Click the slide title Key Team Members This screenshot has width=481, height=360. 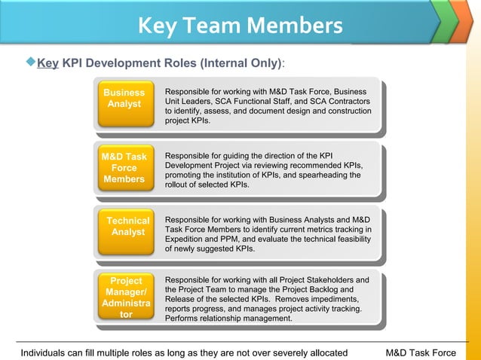click(240, 26)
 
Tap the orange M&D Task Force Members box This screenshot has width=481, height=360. click(124, 169)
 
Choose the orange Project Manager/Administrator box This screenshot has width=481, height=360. click(126, 298)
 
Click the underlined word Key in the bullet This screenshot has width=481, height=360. click(48, 63)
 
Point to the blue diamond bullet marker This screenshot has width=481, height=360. click(31, 63)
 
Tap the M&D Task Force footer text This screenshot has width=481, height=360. click(420, 352)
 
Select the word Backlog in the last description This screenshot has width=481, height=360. click(335, 289)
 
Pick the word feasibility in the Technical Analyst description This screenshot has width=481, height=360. click(351, 239)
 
